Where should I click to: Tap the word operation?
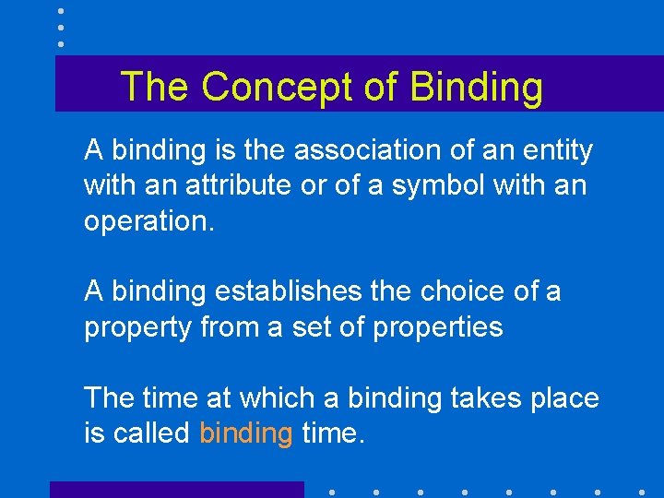click(148, 222)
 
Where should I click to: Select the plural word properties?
click(439, 327)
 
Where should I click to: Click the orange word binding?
click(245, 433)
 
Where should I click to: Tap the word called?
click(150, 433)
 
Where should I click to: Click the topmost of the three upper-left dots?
click(60, 10)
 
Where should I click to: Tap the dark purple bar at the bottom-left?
click(176, 490)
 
